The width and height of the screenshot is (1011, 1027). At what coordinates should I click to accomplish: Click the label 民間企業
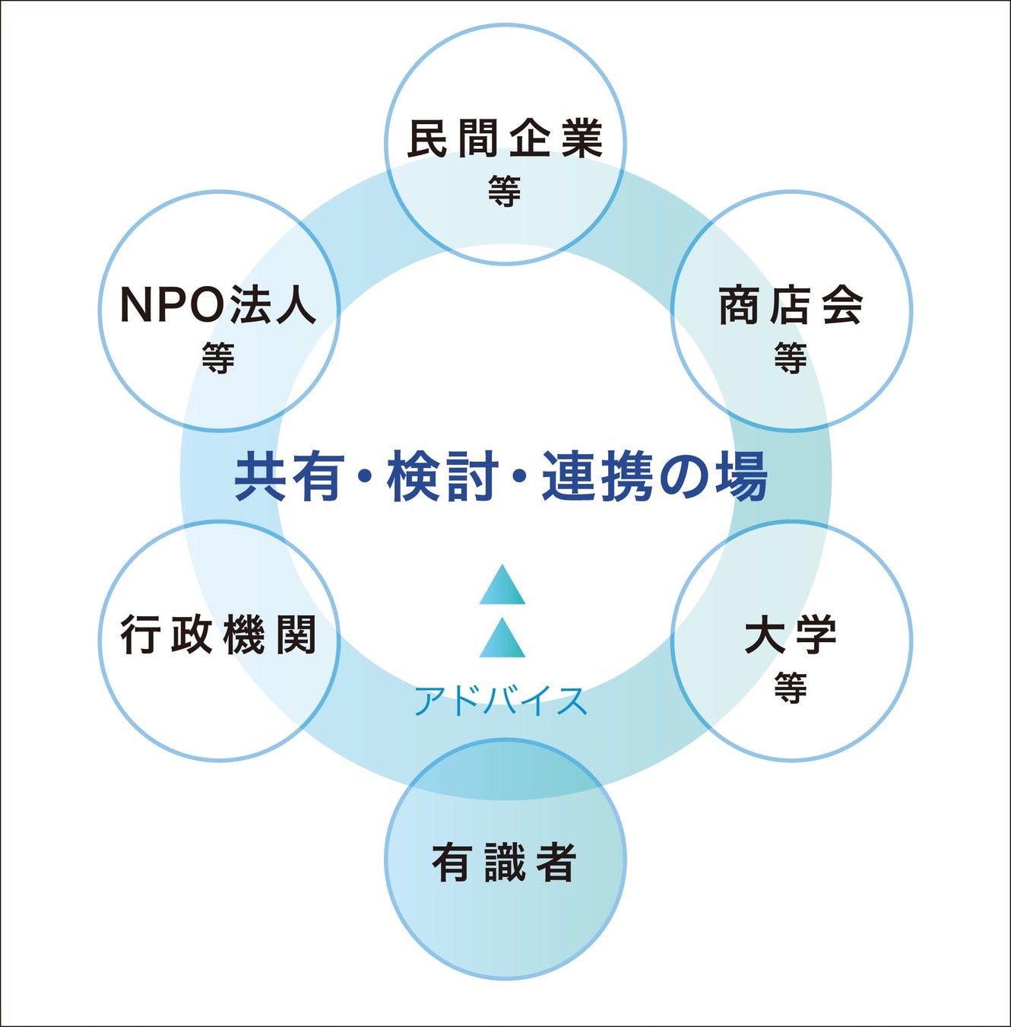[x=505, y=138]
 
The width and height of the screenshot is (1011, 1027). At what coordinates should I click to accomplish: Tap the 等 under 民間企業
[x=505, y=191]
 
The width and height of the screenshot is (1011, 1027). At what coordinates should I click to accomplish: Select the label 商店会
[x=791, y=306]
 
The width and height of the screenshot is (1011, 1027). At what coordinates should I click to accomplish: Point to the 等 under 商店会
[x=791, y=358]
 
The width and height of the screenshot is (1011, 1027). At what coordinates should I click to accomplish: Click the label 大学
[x=791, y=636]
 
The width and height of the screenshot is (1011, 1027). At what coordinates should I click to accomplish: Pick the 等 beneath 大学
[x=791, y=688]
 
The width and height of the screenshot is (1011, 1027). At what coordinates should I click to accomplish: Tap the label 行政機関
[x=219, y=636]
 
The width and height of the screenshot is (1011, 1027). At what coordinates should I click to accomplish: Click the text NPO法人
[x=218, y=305]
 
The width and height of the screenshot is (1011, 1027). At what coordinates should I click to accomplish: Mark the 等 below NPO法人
[x=218, y=358]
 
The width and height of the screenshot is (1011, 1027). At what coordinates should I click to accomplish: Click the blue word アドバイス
[x=502, y=701]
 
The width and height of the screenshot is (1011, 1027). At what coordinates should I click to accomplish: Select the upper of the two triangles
[x=502, y=587]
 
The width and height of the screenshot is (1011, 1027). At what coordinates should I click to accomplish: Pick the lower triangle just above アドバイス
[x=502, y=640]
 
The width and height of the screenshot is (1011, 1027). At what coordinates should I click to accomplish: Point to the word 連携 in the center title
[x=597, y=477]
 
